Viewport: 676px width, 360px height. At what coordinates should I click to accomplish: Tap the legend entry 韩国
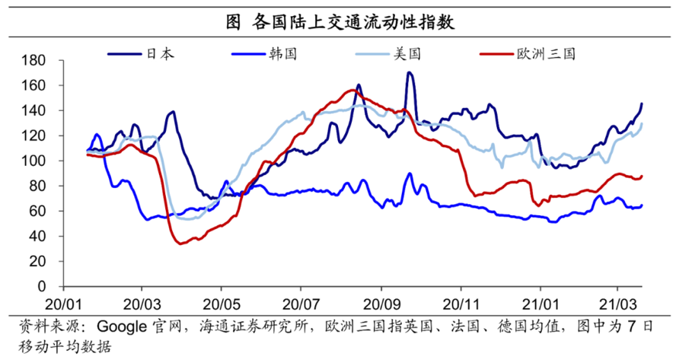[x=282, y=54]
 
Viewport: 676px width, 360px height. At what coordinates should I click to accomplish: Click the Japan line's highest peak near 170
[x=410, y=73]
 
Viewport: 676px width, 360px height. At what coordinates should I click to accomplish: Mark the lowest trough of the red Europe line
[x=180, y=244]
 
